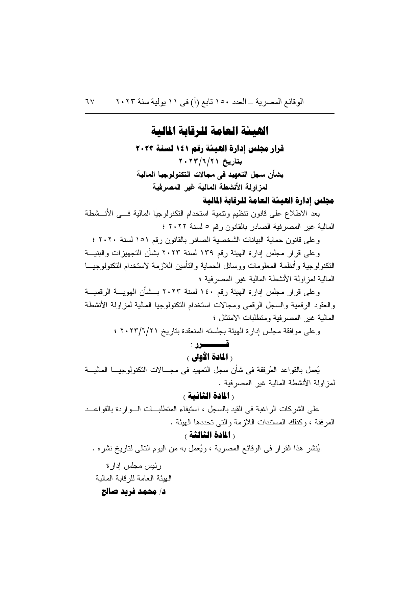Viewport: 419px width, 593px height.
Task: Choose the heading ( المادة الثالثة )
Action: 209,434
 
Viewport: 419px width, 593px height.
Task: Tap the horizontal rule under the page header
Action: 209,113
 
